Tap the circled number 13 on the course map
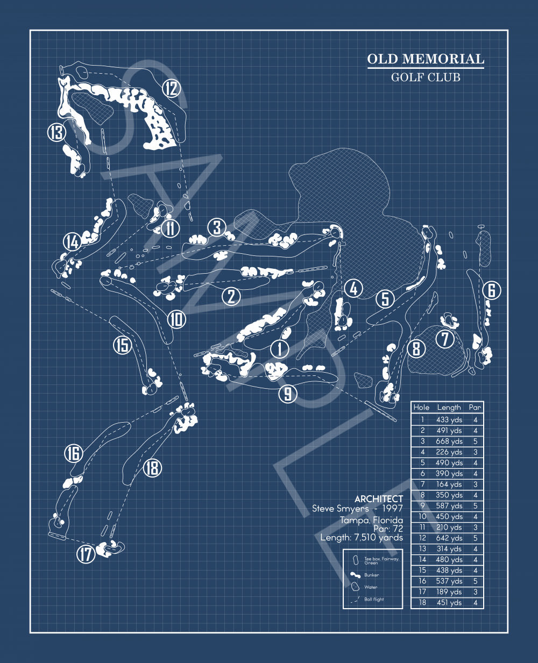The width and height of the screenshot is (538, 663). [x=57, y=132]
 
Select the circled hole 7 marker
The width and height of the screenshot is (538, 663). [x=445, y=339]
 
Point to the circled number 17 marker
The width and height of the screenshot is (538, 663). [x=86, y=554]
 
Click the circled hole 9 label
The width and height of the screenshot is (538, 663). [x=288, y=394]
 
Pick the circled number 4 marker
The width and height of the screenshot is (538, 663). [x=353, y=289]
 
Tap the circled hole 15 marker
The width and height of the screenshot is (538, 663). [x=122, y=345]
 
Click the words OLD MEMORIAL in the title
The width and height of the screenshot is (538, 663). [x=426, y=59]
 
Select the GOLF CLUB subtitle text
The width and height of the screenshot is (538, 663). [x=426, y=77]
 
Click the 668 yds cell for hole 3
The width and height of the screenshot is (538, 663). [x=449, y=441]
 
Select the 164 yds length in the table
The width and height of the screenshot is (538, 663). [x=449, y=484]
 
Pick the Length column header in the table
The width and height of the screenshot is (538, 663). [x=449, y=408]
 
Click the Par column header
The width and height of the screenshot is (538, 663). [x=475, y=408]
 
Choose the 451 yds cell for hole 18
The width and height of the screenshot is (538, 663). [x=449, y=602]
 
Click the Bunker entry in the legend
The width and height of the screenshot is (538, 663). [x=371, y=575]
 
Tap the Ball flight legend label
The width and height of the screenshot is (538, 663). [x=374, y=599]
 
